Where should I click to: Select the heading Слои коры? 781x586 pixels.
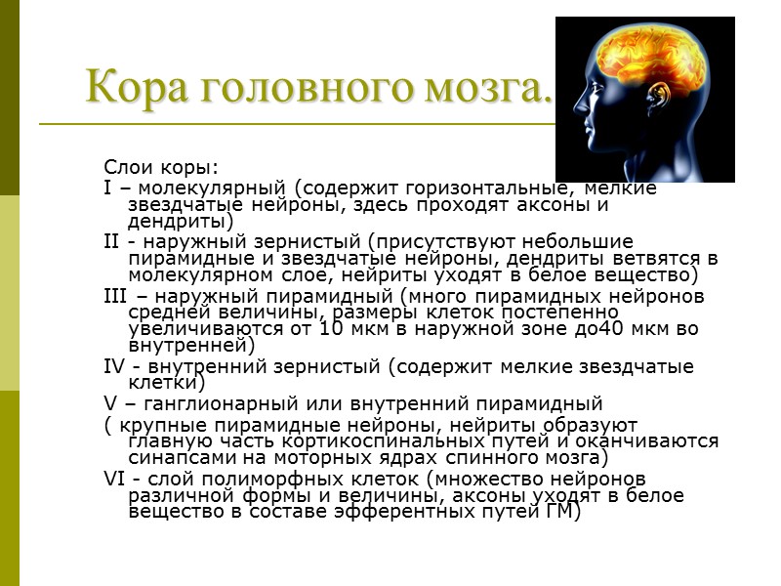pyautogui.click(x=161, y=169)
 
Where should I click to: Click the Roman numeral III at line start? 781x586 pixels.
pyautogui.click(x=113, y=295)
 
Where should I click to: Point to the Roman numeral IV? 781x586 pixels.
pyautogui.click(x=114, y=366)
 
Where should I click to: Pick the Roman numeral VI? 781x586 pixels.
pyautogui.click(x=114, y=478)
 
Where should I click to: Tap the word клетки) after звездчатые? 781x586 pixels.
pyautogui.click(x=163, y=384)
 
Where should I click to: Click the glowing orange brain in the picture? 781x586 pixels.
pyautogui.click(x=655, y=63)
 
